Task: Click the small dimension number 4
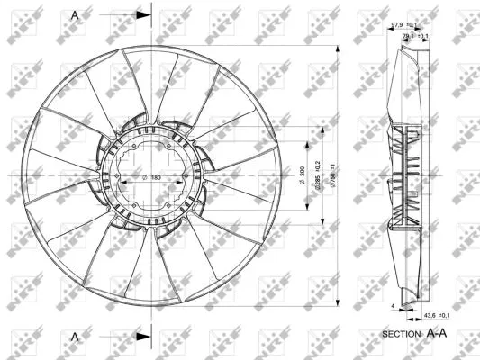pos(393,307)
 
